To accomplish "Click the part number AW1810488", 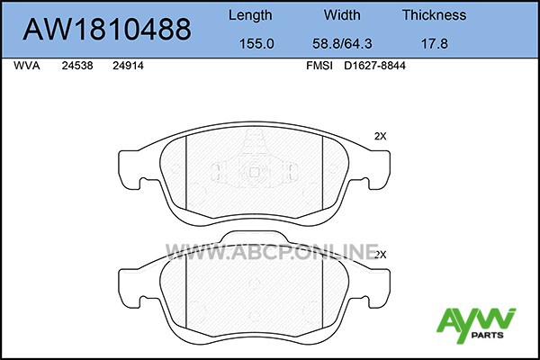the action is (107, 29).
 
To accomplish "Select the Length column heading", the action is (250, 15).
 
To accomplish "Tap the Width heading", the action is (342, 14).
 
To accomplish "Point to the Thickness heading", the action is (435, 14).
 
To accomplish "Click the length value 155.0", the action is (256, 44).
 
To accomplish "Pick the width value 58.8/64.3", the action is (342, 44).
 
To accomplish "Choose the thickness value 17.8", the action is (435, 44).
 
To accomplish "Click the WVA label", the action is (27, 66).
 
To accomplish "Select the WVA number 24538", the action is (77, 66).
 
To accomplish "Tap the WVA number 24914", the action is (128, 66).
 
